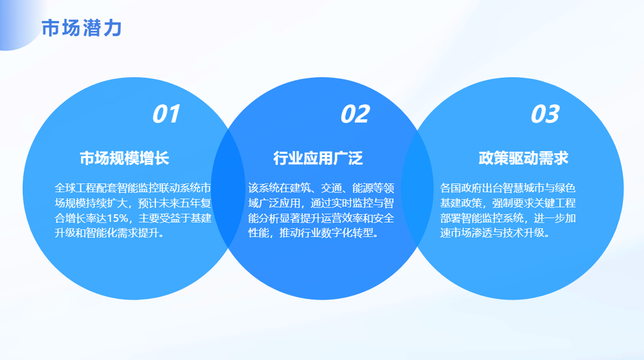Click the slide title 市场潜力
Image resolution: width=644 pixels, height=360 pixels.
point(82,28)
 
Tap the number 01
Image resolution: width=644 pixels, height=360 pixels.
point(166,114)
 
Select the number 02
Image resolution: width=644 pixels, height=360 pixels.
point(355,114)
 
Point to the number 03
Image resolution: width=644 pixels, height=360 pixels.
point(545,114)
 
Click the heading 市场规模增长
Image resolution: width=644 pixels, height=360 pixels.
point(125,158)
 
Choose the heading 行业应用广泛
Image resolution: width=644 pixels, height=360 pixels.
point(318,158)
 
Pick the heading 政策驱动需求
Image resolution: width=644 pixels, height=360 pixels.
point(523,158)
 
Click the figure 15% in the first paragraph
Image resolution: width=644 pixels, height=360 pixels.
point(118,218)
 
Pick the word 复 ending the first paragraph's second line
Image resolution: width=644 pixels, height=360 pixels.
point(206,203)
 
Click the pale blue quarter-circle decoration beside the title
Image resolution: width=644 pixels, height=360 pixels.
point(16,23)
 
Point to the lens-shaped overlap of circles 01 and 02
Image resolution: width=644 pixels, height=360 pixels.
point(228,188)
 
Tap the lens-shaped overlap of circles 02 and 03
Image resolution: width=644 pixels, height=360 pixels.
point(417,188)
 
